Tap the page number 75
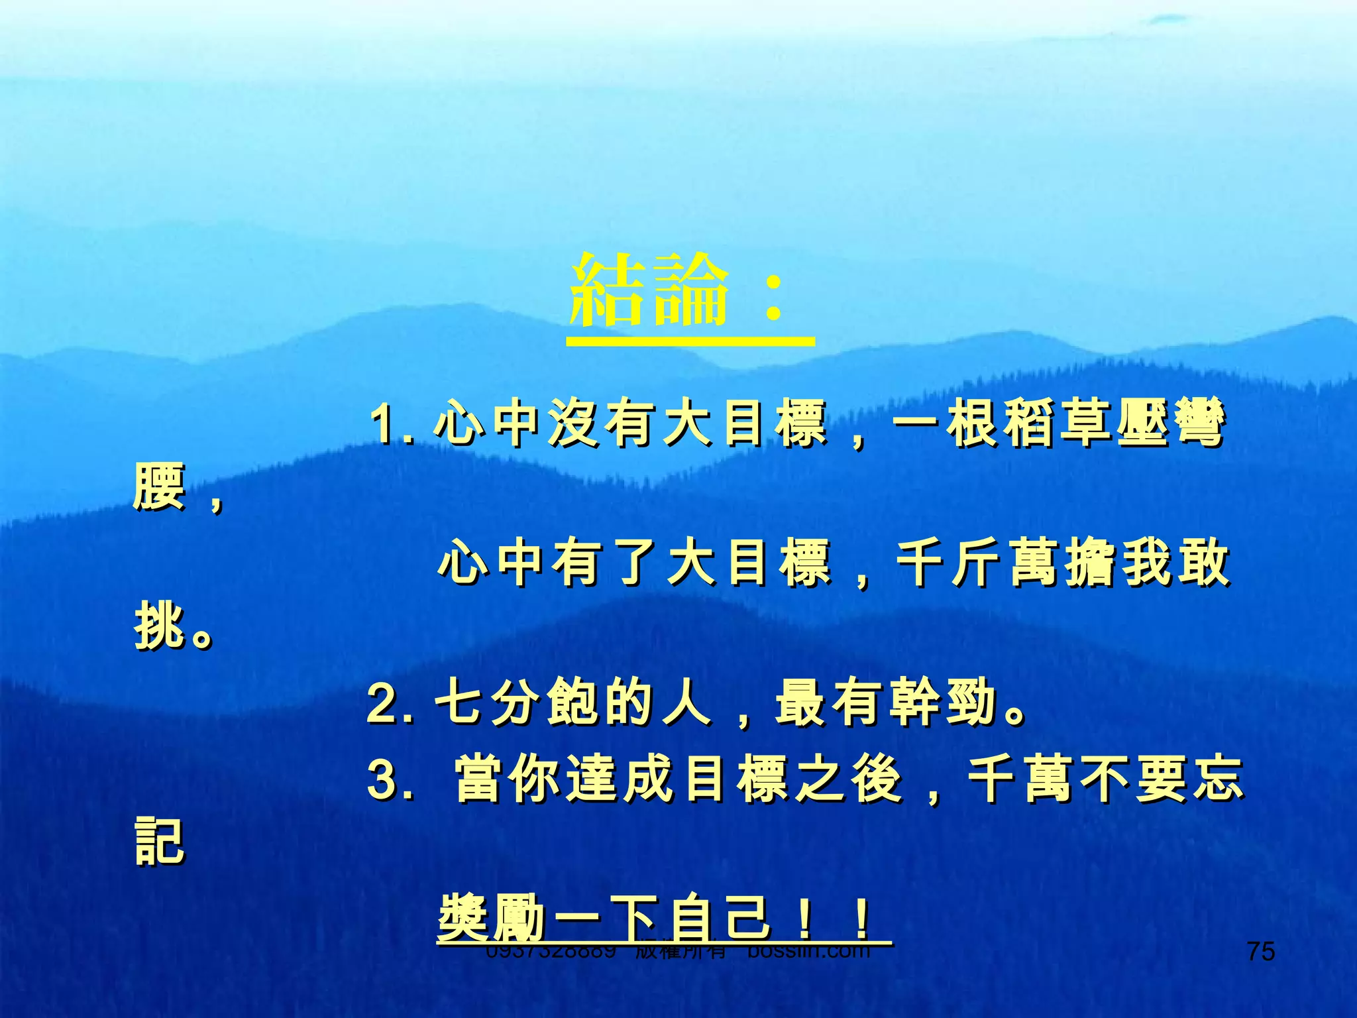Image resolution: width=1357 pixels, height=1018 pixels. (x=1260, y=952)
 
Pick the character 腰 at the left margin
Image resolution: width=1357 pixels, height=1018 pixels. (x=159, y=487)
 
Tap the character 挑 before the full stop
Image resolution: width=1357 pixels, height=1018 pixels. (x=159, y=626)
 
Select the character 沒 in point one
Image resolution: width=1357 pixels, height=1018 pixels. (x=574, y=424)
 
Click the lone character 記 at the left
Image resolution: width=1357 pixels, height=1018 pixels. (x=159, y=842)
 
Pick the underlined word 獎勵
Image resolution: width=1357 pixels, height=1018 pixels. (x=490, y=918)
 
